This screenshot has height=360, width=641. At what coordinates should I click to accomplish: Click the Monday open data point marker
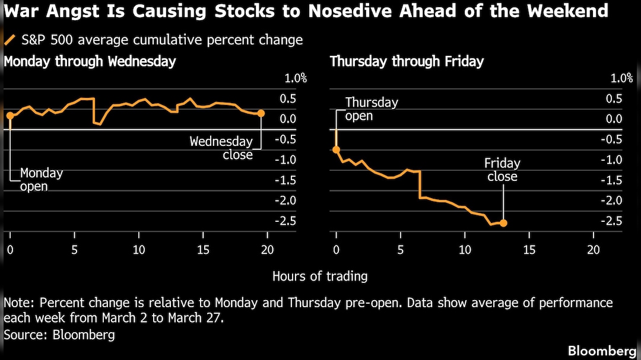tap(10, 115)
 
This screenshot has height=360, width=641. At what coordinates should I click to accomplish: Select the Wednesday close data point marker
tap(261, 113)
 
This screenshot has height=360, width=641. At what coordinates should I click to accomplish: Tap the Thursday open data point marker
tap(336, 149)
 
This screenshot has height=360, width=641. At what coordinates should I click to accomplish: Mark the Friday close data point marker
tap(503, 223)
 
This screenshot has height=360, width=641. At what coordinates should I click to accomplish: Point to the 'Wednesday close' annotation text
tap(221, 148)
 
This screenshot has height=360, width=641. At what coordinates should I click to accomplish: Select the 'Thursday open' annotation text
tap(372, 109)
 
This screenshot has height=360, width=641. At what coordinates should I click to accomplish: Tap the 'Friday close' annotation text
tap(502, 170)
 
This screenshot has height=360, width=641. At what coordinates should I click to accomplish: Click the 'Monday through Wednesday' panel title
tap(90, 62)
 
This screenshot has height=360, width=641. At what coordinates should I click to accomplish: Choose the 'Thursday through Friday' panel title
tap(407, 62)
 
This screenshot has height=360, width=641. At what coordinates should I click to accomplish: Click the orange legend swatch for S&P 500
tap(10, 40)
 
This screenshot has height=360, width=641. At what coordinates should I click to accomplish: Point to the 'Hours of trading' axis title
tap(320, 276)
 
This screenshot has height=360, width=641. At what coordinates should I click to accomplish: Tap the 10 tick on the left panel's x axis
tap(138, 249)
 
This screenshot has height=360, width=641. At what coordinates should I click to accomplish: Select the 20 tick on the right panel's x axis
tap(593, 249)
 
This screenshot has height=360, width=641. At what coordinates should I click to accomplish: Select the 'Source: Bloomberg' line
tap(59, 334)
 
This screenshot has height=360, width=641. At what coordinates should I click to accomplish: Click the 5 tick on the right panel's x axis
tap(401, 249)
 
